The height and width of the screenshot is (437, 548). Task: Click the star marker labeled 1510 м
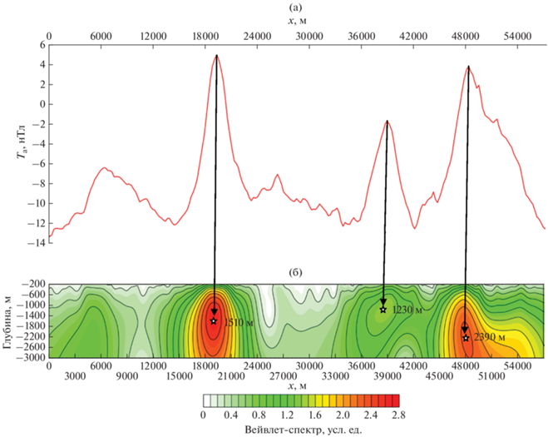[214, 320]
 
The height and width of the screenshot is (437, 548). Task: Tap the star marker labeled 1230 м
[383, 310]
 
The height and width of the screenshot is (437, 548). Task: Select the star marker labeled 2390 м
[466, 338]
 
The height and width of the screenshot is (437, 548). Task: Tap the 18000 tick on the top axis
[205, 37]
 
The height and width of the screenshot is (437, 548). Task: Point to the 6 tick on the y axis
[39, 45]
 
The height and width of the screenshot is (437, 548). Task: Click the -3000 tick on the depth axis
[30, 356]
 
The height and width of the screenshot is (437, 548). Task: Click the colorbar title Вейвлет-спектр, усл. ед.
[302, 430]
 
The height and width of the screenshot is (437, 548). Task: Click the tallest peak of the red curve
[216, 55]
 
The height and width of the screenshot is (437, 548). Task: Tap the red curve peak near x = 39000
[387, 121]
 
